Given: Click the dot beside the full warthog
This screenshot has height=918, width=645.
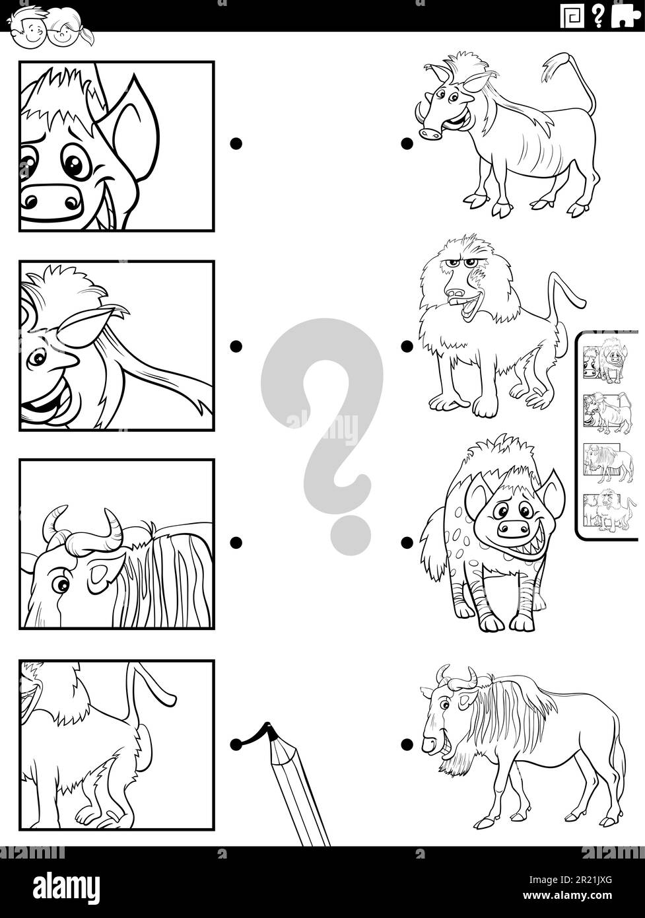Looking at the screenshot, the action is tap(407, 143).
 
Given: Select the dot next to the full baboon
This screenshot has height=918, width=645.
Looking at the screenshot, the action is tap(407, 346).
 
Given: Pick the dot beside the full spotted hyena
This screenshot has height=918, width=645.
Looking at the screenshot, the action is tap(407, 543).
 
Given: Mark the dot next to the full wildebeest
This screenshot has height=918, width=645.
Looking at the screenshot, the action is tap(407, 744).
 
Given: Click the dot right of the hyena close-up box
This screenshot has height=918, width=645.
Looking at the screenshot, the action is tap(236, 143).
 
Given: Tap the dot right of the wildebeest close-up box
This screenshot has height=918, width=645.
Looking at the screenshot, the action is tap(236, 543).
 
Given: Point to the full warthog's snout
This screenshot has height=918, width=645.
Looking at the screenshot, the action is tap(430, 133).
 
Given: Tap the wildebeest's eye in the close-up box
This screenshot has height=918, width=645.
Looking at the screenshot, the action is tap(61, 584).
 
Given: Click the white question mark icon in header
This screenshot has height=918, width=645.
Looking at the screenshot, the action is tap(598, 17).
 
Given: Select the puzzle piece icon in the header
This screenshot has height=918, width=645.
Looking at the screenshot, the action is tap(625, 17).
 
